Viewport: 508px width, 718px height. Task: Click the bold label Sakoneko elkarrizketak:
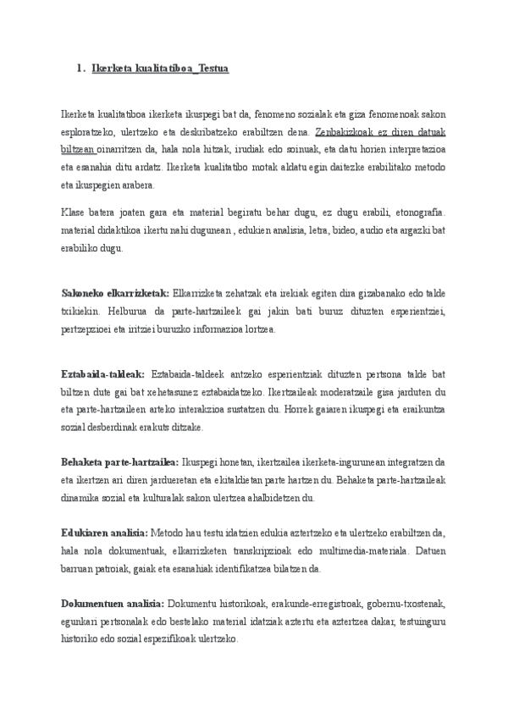pyautogui.click(x=115, y=293)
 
